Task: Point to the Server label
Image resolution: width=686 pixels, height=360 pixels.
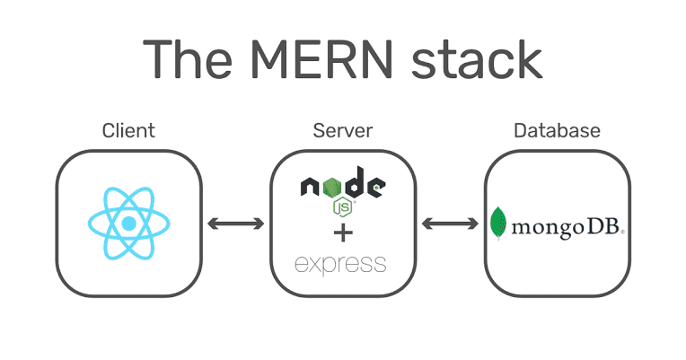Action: click(342, 131)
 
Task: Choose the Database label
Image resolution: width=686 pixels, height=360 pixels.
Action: click(557, 131)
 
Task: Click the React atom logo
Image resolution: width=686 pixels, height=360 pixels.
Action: click(128, 223)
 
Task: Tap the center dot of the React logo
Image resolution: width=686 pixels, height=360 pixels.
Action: click(128, 223)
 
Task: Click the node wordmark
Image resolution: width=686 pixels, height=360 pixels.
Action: click(342, 187)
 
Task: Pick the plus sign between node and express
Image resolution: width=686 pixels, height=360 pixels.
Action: click(342, 234)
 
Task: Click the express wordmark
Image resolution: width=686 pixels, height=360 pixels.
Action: click(341, 264)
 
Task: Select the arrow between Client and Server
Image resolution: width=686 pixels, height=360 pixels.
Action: click(235, 223)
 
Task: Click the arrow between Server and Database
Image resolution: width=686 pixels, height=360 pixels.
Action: click(450, 223)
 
